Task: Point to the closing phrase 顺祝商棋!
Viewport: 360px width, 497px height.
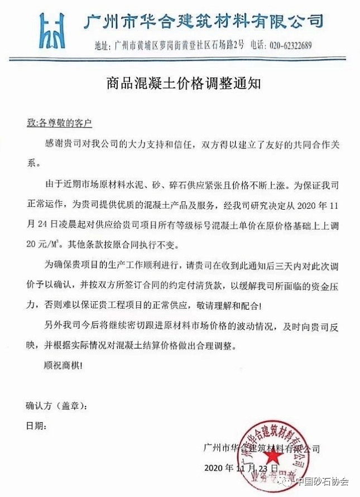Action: tap(62, 366)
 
